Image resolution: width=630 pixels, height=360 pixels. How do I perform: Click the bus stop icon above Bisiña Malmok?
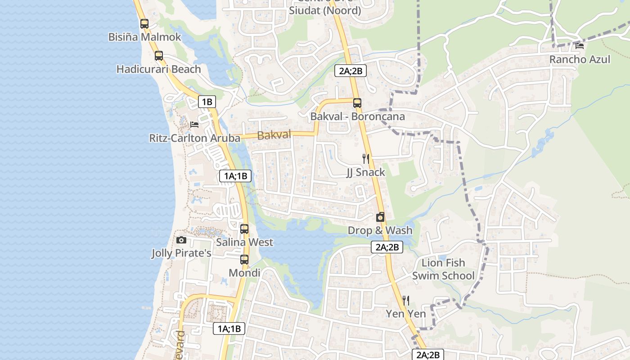[x=144, y=24]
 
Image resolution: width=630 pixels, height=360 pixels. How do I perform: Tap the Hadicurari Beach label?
[x=158, y=69]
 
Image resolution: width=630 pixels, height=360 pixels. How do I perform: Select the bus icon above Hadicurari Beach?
[x=158, y=56]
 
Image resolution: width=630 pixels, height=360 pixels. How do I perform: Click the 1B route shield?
[x=207, y=102]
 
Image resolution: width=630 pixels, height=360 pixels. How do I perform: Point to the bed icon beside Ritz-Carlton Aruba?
[x=194, y=124]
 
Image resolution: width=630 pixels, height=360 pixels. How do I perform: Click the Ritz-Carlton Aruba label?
[x=194, y=138]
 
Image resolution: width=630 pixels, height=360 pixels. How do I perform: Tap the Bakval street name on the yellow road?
[x=274, y=135]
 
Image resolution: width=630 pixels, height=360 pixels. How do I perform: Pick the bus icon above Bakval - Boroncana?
[x=357, y=103]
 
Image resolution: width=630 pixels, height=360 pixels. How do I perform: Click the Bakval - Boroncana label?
[x=357, y=117]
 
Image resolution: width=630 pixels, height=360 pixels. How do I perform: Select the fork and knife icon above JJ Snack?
[x=366, y=158]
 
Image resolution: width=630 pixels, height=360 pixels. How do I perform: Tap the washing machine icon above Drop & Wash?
[x=380, y=217]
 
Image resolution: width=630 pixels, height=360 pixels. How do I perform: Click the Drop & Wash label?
[x=380, y=230]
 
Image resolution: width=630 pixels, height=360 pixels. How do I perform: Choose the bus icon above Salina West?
[x=244, y=229]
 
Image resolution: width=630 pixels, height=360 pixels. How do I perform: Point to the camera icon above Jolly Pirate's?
[x=181, y=240]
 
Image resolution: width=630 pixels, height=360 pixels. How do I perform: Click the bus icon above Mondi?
[x=244, y=260]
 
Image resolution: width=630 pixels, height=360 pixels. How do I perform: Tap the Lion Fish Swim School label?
[x=443, y=269]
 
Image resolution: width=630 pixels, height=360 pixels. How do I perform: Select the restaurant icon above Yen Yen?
[x=406, y=300]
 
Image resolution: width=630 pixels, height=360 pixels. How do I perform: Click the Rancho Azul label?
[x=580, y=59]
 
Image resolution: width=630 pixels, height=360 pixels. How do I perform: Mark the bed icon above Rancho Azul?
[x=580, y=45]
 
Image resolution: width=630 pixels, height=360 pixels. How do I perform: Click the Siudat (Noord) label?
[x=325, y=10]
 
